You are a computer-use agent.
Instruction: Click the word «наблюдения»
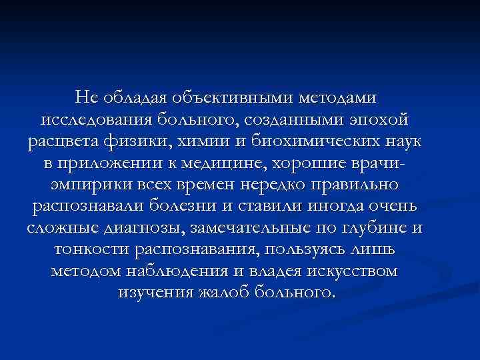point(176,271)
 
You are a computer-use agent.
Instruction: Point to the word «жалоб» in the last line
point(217,293)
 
